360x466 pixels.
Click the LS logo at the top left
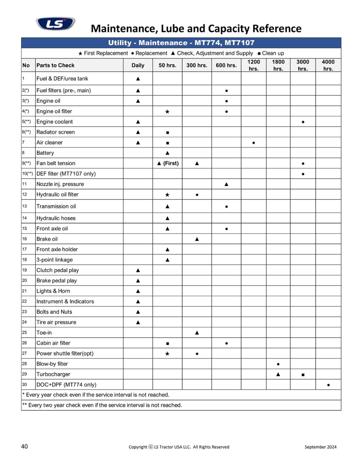pyautogui.click(x=55, y=24)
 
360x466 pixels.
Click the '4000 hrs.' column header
pyautogui.click(x=328, y=65)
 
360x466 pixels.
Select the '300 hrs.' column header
pyautogui.click(x=197, y=65)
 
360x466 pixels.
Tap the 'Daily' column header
pyautogui.click(x=138, y=65)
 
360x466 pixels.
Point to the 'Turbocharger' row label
pyautogui.click(x=53, y=374)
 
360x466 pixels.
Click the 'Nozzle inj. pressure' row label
pyautogui.click(x=60, y=184)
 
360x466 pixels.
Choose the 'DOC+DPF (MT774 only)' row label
pyautogui.click(x=66, y=384)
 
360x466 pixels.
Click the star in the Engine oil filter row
pyautogui.click(x=167, y=112)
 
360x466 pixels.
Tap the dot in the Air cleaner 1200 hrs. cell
pyautogui.click(x=254, y=143)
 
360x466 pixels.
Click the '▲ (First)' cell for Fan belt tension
pyautogui.click(x=167, y=163)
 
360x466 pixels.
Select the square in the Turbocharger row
pyautogui.click(x=303, y=375)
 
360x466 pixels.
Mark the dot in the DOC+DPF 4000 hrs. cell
pyautogui.click(x=328, y=385)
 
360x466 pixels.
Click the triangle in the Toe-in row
pyautogui.click(x=197, y=333)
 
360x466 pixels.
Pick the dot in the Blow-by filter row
pyautogui.click(x=278, y=364)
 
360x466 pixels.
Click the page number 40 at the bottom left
pyautogui.click(x=24, y=446)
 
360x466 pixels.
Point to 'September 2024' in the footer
pyautogui.click(x=320, y=447)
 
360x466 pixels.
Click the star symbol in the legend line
pyautogui.click(x=80, y=54)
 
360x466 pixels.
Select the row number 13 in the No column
pyautogui.click(x=24, y=206)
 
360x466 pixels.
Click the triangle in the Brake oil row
pyautogui.click(x=197, y=239)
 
